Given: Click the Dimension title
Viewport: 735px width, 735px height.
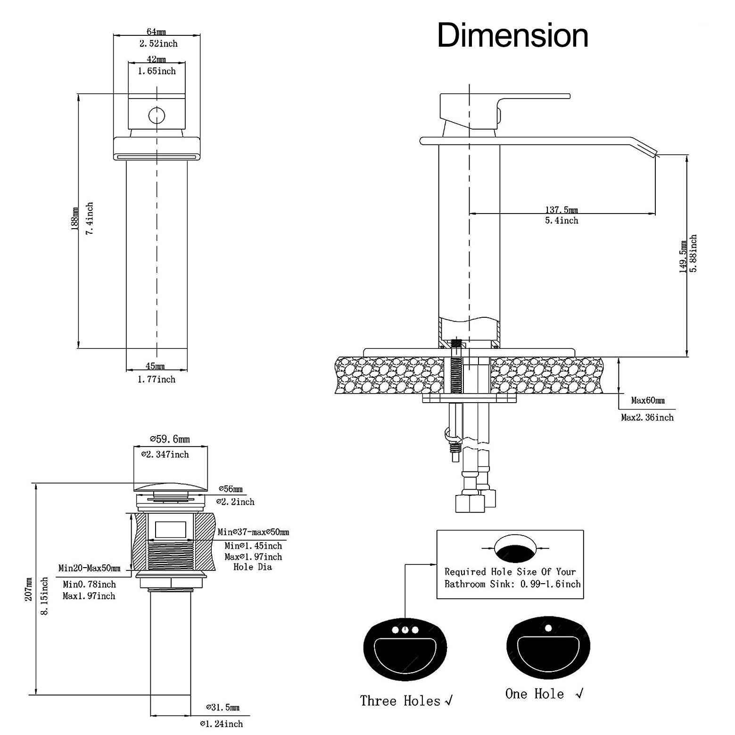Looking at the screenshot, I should tap(512, 36).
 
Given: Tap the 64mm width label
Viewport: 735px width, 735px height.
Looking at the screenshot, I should tap(157, 32).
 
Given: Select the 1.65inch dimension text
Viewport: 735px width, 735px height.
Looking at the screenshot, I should tap(157, 71).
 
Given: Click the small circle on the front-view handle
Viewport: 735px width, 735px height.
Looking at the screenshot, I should tap(157, 115).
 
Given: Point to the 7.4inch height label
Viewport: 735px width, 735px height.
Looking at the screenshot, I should tap(90, 218).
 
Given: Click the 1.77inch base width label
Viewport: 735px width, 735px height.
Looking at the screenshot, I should tap(157, 380).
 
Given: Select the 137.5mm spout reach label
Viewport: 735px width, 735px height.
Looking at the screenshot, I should tap(562, 210).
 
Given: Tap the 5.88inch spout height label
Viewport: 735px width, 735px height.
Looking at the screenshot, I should tap(693, 254).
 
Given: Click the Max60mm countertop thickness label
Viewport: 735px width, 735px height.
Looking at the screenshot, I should tap(648, 401).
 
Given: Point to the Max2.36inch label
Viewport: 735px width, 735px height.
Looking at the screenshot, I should tap(647, 418).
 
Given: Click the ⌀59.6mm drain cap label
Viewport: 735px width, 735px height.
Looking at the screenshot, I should tap(170, 439).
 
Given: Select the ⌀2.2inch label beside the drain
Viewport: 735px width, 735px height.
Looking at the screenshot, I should tap(235, 502).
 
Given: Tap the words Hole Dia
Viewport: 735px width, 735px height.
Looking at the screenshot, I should tap(253, 567).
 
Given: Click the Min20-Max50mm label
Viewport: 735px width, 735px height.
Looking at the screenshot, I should tap(89, 569).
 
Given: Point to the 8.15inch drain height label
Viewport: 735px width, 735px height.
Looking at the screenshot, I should tap(45, 596).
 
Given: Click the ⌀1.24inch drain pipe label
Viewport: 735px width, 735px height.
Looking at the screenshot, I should tap(221, 724).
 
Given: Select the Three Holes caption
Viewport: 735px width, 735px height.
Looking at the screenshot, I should tap(400, 701).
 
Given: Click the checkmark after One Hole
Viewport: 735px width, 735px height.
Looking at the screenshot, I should tap(580, 694).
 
